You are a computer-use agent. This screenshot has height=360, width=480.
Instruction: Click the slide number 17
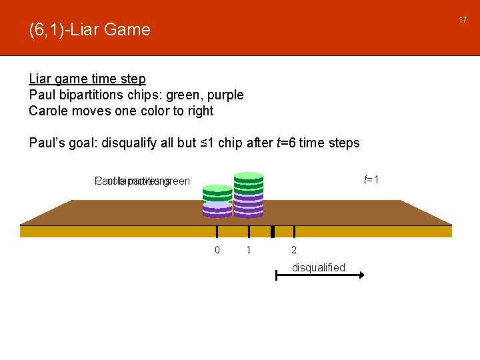[462, 20]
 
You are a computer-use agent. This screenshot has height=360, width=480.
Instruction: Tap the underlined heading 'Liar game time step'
[87, 79]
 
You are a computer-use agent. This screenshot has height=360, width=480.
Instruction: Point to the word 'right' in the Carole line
[201, 111]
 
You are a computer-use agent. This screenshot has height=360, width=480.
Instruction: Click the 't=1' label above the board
[371, 179]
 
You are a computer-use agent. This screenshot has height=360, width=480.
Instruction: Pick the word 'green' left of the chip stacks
[177, 181]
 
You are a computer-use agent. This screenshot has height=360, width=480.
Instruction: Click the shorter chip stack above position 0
[217, 201]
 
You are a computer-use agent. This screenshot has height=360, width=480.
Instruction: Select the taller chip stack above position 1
[249, 195]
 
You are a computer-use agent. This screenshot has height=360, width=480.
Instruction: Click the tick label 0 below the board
[217, 251]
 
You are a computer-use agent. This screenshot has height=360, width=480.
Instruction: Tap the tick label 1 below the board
[249, 251]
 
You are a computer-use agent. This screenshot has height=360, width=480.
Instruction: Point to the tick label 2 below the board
[294, 251]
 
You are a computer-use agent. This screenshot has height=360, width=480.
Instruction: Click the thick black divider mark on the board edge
[273, 232]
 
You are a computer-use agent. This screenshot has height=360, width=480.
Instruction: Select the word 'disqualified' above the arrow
[319, 267]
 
